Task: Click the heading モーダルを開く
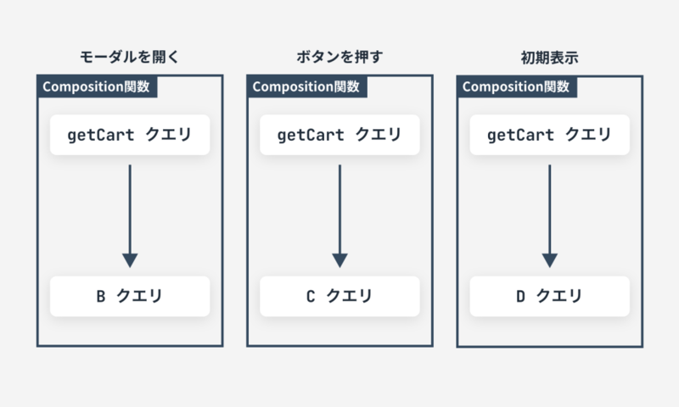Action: [129, 59]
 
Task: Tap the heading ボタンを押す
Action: [339, 59]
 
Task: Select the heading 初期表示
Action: [549, 59]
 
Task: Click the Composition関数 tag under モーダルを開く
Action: [97, 86]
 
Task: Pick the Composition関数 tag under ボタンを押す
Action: [306, 86]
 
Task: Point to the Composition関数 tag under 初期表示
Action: [517, 86]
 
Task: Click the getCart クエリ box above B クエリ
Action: [129, 135]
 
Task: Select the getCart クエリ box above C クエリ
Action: [339, 135]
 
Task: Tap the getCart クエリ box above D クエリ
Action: [549, 135]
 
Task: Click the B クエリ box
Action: [129, 296]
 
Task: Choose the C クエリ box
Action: [339, 296]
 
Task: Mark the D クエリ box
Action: [549, 296]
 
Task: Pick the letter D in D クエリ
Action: [520, 297]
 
